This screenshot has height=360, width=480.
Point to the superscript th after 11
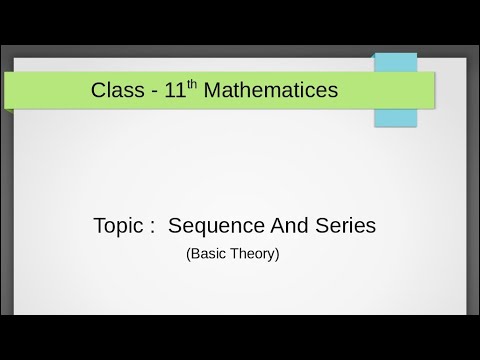[198, 84]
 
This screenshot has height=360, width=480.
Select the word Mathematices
[274, 90]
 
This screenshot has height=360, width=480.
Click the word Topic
[117, 227]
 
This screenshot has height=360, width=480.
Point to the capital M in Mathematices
[218, 90]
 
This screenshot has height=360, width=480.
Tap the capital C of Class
[98, 90]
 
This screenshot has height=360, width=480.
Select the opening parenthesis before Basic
[188, 254]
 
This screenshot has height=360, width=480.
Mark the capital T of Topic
[97, 226]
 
